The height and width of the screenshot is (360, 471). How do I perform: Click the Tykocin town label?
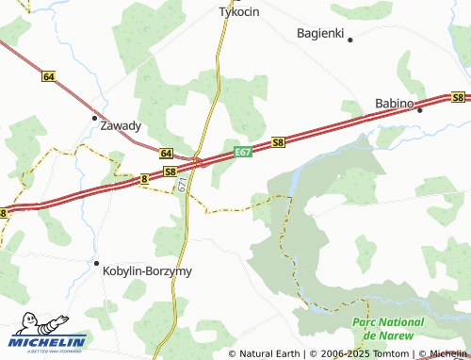tap(238, 12)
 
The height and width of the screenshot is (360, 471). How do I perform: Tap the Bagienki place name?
tap(321, 32)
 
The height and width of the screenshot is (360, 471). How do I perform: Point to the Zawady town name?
tap(121, 125)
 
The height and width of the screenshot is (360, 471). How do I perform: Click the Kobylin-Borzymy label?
tap(146, 270)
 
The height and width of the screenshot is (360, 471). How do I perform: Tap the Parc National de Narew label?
tap(387, 329)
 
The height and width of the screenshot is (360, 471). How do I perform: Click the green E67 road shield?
tap(242, 152)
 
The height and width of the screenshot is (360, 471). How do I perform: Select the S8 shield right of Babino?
tap(458, 97)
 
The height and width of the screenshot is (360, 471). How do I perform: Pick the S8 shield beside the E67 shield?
tap(278, 142)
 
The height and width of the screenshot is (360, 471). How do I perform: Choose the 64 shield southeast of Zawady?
tap(166, 153)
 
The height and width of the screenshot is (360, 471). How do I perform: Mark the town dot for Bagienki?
tap(349, 40)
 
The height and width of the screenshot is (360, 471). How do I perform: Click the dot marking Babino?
tap(420, 108)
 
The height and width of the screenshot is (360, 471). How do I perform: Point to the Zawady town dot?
tap(94, 118)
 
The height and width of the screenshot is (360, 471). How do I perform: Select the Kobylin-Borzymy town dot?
tap(95, 263)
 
